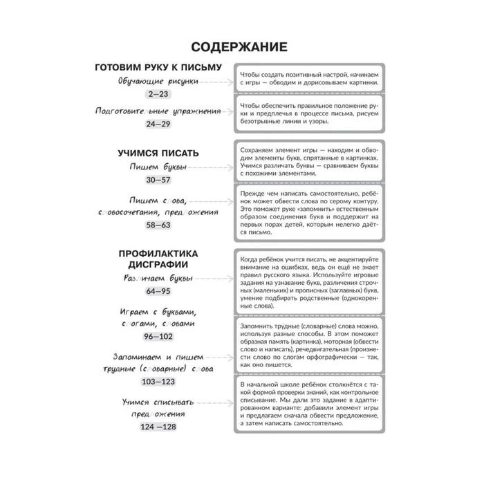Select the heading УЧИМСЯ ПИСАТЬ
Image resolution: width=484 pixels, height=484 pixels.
point(158,153)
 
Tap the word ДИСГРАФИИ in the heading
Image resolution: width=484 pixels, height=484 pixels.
point(158,265)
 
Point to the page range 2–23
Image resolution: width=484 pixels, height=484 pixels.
point(158,93)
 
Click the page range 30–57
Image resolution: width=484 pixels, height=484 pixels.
point(158,180)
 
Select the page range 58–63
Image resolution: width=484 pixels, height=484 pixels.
point(158,225)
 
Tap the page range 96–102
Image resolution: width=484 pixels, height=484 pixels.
point(158,337)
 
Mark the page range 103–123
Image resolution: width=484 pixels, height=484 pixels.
point(158,381)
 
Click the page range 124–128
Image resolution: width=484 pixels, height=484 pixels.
point(158,427)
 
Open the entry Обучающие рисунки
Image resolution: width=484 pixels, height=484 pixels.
point(158,81)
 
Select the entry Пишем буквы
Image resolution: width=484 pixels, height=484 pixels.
point(158,167)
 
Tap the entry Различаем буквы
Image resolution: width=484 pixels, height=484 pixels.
point(158,279)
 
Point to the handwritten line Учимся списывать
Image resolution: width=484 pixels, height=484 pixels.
point(158,401)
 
